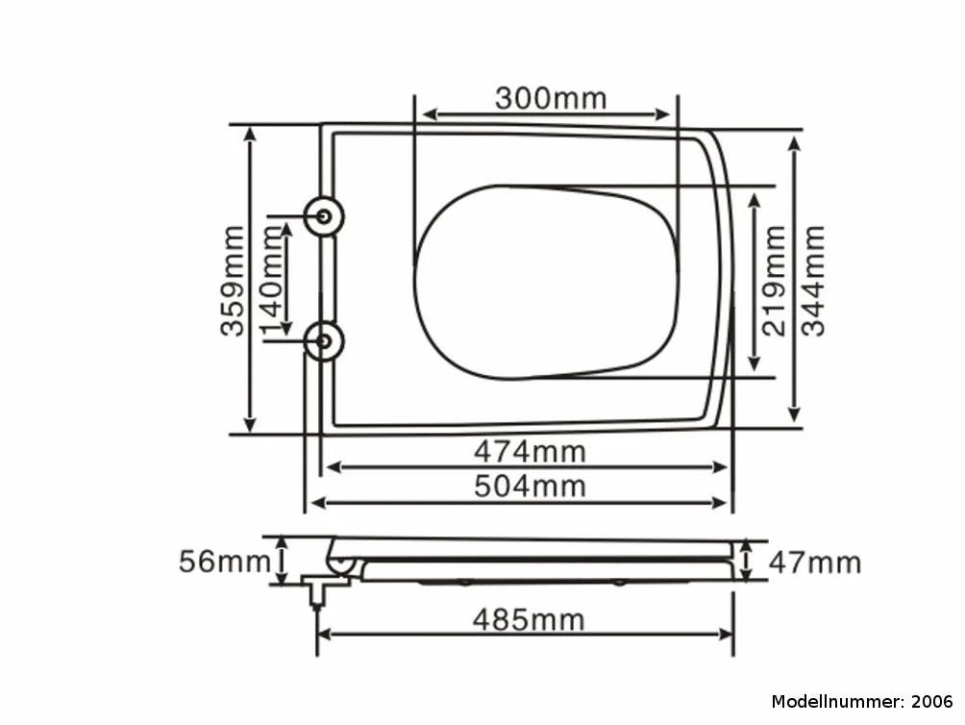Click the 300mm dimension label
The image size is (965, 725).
pyautogui.click(x=551, y=98)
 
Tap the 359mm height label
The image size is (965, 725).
pyautogui.click(x=233, y=281)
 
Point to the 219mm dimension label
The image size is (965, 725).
pyautogui.click(x=774, y=281)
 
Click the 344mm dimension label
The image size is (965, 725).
pyautogui.click(x=812, y=281)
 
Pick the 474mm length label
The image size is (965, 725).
pyautogui.click(x=530, y=452)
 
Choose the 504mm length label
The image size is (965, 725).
pyautogui.click(x=530, y=487)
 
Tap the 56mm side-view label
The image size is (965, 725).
pyautogui.click(x=225, y=562)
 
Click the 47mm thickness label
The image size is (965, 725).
pyautogui.click(x=815, y=562)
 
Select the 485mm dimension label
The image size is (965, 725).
pyautogui.click(x=529, y=619)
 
